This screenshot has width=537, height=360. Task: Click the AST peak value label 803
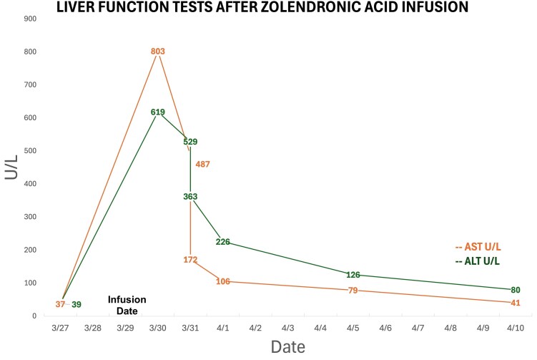[158, 52]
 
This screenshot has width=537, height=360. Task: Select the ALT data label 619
[158, 112]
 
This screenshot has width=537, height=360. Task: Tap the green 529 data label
[190, 142]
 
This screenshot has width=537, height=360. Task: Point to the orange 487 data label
[203, 164]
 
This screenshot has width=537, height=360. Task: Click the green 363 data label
[190, 196]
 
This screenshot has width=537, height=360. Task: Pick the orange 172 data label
[190, 260]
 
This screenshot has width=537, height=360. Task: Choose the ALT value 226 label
[223, 242]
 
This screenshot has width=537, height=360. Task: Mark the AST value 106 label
[223, 281]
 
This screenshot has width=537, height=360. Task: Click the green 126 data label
[353, 275]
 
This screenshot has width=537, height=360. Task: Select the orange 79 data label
[353, 291]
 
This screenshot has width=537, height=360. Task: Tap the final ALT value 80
[516, 290]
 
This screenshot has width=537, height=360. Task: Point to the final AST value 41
[516, 303]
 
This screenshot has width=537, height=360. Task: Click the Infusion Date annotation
[127, 305]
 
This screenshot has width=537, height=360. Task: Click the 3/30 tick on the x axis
[158, 328]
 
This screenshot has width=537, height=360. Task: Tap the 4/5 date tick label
[353, 328]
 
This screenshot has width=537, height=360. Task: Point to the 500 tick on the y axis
[30, 151]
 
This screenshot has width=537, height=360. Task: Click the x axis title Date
[288, 347]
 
